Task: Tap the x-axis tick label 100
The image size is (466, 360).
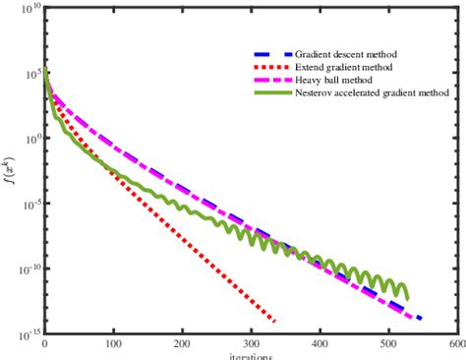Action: [x=114, y=345]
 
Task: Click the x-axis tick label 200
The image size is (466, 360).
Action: [x=183, y=345]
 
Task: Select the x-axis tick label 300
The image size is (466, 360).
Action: [x=252, y=345]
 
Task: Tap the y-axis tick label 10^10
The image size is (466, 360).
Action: [x=29, y=9]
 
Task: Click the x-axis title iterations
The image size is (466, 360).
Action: [x=251, y=355]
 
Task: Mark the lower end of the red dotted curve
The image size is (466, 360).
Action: [x=274, y=321]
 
